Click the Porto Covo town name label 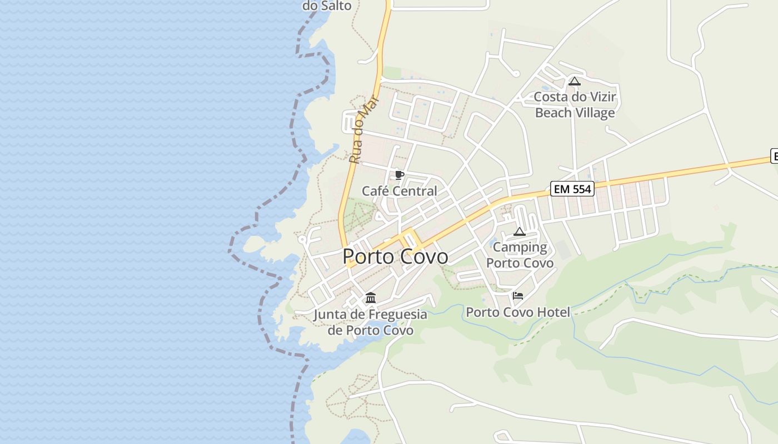tap(395, 256)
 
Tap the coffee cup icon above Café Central tap(399, 175)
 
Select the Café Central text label tap(400, 191)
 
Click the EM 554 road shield tap(572, 189)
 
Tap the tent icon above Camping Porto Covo tap(520, 231)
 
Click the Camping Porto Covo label tap(520, 255)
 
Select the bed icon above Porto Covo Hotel tap(518, 296)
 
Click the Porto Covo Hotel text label tap(518, 312)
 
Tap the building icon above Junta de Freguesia tap(371, 298)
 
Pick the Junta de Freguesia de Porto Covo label tap(371, 322)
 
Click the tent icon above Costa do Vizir tap(575, 82)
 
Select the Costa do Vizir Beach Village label tap(575, 105)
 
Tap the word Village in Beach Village tap(595, 113)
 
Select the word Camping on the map tap(520, 247)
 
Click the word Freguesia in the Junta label tap(397, 315)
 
